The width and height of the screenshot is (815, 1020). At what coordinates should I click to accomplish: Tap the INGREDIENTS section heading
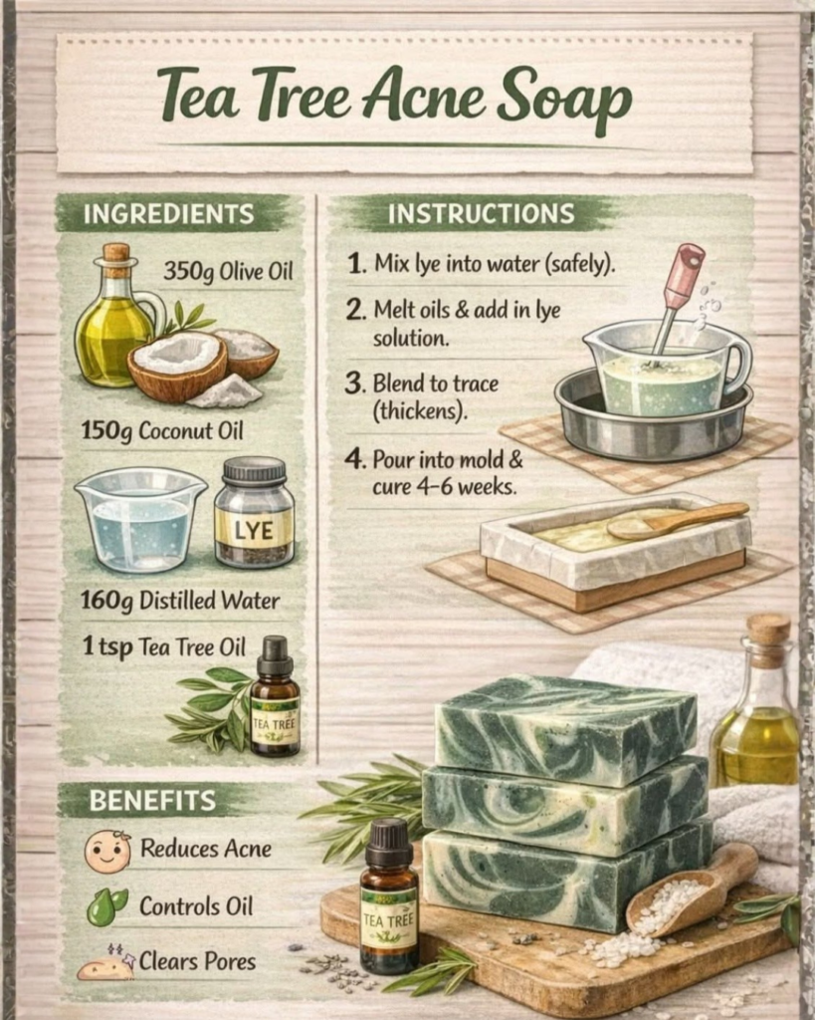[168, 214]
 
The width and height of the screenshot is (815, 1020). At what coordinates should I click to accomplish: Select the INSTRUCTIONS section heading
[482, 213]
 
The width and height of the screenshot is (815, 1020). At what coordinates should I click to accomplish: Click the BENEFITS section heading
[152, 801]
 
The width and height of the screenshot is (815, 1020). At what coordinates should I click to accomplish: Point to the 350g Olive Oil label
[228, 271]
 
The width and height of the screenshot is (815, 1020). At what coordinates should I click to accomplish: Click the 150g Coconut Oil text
[162, 430]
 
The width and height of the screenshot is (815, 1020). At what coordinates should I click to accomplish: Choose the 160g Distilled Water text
[180, 601]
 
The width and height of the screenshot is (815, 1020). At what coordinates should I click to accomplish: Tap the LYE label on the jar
[254, 531]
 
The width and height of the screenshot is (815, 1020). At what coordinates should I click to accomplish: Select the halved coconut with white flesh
[177, 365]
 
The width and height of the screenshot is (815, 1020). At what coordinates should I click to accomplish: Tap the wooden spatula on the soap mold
[676, 522]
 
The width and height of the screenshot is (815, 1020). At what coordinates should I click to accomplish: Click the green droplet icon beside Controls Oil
[107, 906]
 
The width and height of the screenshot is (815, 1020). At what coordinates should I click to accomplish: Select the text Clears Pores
[198, 961]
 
